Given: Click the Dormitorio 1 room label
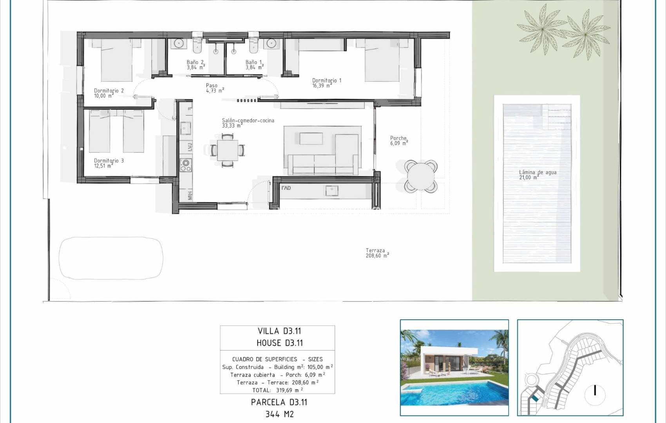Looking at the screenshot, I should [326, 83].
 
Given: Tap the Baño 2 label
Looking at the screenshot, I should [195, 65].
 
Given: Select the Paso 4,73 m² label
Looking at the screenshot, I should [214, 88].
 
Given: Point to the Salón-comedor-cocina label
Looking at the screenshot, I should [248, 123].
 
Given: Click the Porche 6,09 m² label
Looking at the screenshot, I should [399, 140].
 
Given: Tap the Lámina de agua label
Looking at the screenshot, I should [537, 174].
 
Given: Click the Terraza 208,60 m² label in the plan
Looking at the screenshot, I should [376, 253].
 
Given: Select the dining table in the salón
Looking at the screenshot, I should [228, 150].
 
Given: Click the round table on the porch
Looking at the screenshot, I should [420, 176].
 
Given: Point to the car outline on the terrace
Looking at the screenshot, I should [111, 258].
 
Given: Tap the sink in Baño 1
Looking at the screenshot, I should [271, 43].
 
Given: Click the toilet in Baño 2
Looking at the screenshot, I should [197, 45].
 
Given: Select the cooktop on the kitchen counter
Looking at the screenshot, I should [186, 165].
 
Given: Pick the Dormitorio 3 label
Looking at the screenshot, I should [109, 163].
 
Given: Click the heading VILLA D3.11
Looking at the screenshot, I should [279, 331].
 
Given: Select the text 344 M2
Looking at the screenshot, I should [279, 414].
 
